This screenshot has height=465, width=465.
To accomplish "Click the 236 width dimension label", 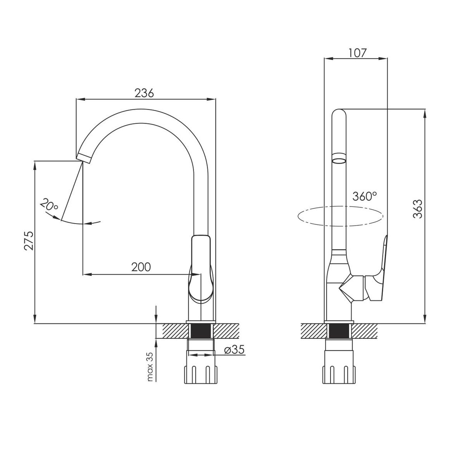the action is tap(144, 93).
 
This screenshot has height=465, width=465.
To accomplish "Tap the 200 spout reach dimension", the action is tap(141, 267).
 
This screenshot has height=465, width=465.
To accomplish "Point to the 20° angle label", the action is tap(49, 204).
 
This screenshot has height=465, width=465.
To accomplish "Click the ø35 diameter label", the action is tap(234, 349).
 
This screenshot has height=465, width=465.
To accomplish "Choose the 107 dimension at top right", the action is tap(357, 53).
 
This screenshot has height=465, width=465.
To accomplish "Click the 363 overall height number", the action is tap(418, 209).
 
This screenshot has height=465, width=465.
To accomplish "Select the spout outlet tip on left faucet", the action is tap(84, 158).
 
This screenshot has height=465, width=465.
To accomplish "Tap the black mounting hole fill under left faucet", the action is tap(200, 331).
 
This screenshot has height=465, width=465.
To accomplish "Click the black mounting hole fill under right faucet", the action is tap(339, 331).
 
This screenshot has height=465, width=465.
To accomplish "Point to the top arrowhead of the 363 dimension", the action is tap(425, 114).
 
